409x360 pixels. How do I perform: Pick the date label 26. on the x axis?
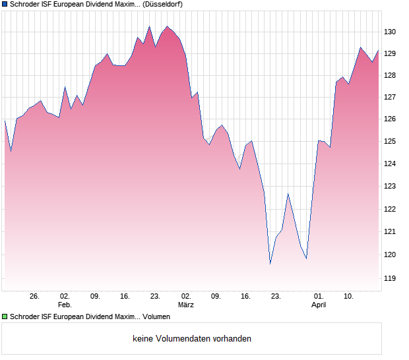[34, 297]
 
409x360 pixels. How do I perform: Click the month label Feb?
[64, 305]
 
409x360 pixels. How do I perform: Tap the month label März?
[186, 305]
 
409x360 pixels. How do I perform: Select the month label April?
[319, 305]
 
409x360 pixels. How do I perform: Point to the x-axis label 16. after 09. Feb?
[125, 297]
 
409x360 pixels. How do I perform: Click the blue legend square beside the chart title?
[5, 4]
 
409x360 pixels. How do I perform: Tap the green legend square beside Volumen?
[5, 317]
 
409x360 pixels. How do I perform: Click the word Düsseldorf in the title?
[163, 4]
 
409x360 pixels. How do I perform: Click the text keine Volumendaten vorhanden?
[192, 339]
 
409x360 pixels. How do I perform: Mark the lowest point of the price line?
[270, 264]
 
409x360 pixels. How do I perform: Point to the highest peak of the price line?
[167, 26]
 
